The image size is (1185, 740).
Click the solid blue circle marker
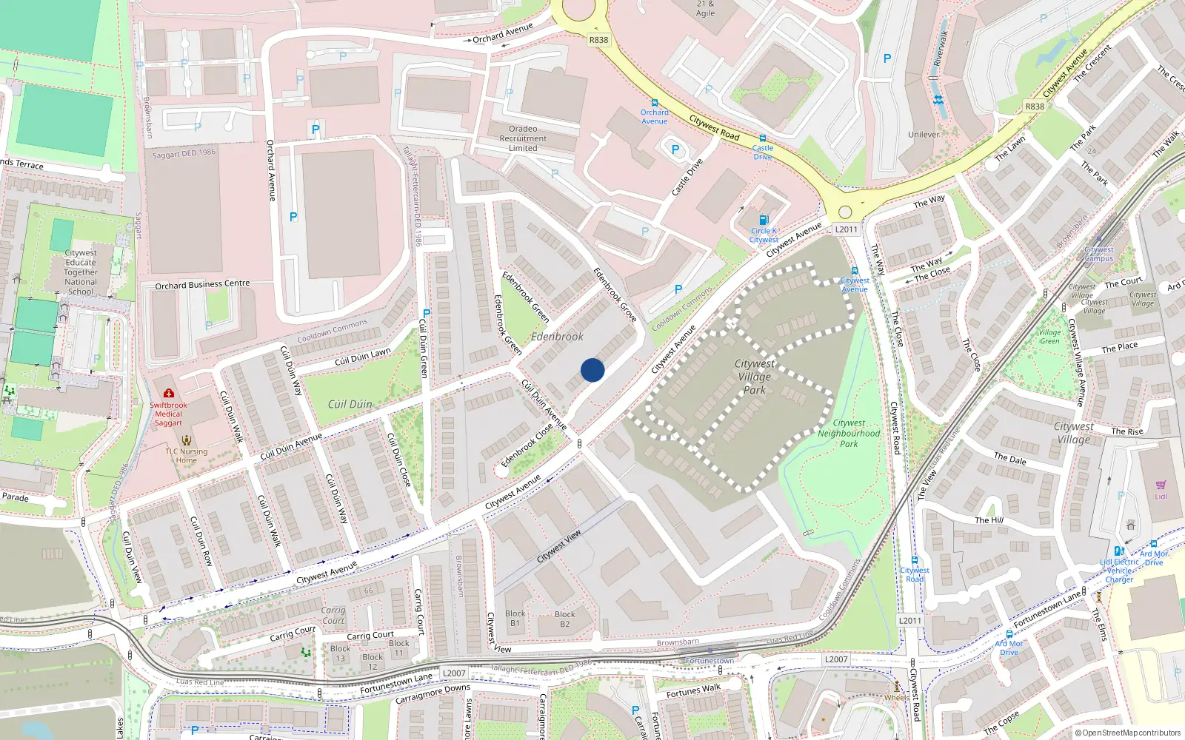point(592,370)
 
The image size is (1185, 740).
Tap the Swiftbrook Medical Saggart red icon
point(169,393)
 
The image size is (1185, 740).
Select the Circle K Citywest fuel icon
point(764,220)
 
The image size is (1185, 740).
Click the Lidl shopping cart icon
point(1161,485)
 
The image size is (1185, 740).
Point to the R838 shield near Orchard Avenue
point(598,40)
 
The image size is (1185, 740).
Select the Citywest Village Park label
point(755,377)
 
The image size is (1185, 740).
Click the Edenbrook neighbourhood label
point(557,337)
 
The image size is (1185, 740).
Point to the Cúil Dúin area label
point(350,404)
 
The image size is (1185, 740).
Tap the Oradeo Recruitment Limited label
point(523,138)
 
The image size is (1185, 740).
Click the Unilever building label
point(924,135)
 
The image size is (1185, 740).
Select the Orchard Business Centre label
point(202,284)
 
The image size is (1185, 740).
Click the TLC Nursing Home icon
point(187,440)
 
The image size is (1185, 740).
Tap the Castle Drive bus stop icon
point(762,138)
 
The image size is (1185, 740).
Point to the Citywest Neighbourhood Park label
point(849,434)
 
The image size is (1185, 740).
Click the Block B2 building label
point(564,619)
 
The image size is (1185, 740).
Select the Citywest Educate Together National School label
point(81,272)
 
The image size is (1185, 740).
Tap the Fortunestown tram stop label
point(710,661)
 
